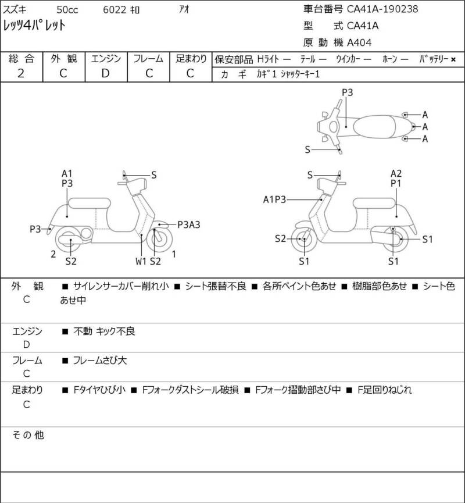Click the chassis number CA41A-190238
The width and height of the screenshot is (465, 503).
click(382, 9)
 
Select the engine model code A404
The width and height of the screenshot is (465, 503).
click(359, 42)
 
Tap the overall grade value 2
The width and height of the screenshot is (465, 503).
click(21, 73)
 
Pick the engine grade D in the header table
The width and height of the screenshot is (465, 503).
click(106, 73)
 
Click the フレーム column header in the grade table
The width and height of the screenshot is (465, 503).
click(148, 59)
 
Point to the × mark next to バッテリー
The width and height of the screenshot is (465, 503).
click(453, 59)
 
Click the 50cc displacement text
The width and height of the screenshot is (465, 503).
click(67, 10)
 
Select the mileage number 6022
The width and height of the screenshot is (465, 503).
click(115, 10)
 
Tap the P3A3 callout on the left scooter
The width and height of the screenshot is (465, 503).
click(188, 225)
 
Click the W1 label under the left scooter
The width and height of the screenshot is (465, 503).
click(141, 262)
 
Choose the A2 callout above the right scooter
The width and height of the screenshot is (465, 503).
click(396, 173)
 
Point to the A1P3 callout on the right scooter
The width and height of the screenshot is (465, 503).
click(274, 199)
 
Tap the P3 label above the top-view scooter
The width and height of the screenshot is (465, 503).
click(347, 92)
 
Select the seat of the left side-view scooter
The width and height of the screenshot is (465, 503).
click(90, 204)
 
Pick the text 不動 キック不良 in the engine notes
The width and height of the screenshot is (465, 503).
click(104, 331)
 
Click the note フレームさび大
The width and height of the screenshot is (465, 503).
click(100, 361)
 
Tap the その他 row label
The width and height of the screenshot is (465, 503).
click(28, 435)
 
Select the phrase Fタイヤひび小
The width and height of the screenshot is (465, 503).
click(99, 390)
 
